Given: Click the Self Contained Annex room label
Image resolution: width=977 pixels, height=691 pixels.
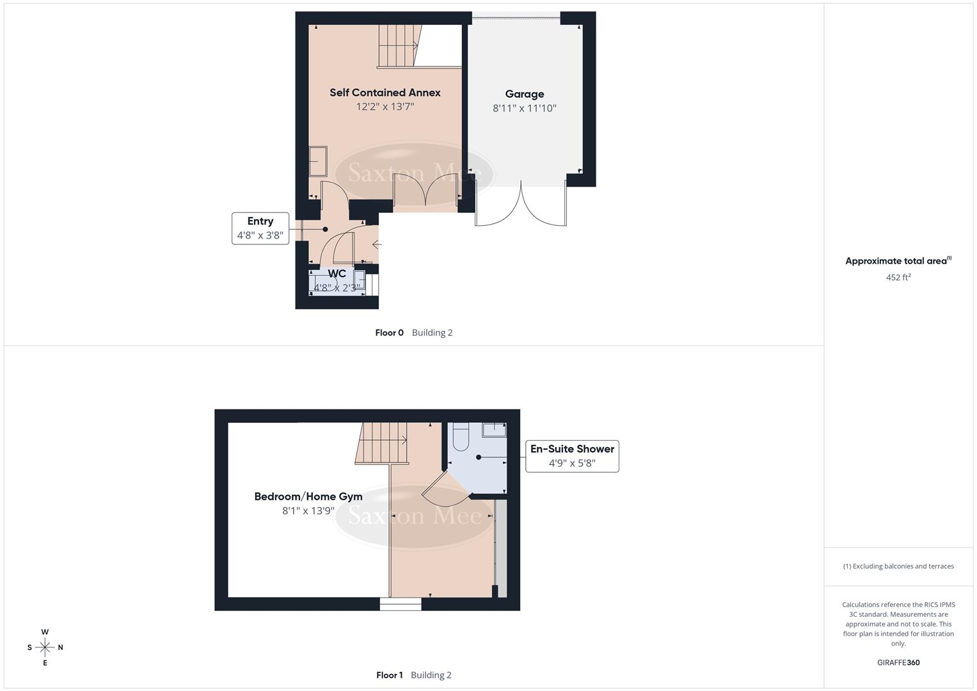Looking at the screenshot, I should click(385, 93).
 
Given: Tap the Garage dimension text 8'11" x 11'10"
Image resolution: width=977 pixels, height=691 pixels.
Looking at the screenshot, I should click(524, 108).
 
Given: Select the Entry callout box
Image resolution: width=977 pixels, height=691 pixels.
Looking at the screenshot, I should click(260, 228).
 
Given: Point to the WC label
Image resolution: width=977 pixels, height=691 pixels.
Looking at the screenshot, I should click(337, 274).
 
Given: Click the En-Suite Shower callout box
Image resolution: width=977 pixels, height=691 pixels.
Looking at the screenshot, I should click(572, 456).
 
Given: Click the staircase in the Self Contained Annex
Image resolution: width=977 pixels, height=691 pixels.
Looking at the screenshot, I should click(397, 46).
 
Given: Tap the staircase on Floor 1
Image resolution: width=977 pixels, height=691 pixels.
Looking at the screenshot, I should click(383, 442).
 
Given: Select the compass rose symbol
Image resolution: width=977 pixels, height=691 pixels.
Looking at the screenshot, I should click(45, 647).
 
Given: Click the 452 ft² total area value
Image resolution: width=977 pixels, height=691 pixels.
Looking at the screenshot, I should click(898, 277).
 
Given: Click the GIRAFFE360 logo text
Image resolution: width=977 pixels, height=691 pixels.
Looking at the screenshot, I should click(898, 662).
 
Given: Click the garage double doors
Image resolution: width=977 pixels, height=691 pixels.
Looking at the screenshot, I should click(521, 205).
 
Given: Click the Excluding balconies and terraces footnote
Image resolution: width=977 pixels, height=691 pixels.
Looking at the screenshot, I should click(898, 566).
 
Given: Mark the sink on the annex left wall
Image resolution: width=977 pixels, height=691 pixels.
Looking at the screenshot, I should click(318, 161).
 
